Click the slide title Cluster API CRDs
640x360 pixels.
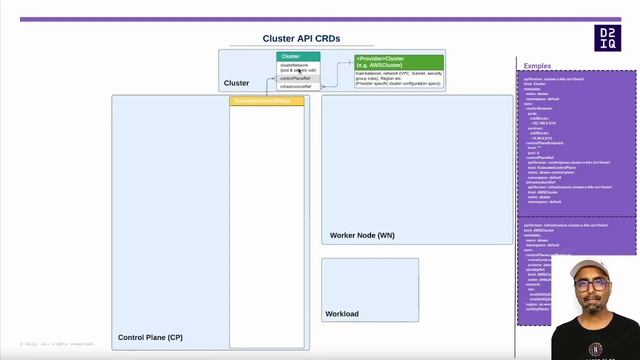click(x=301, y=38)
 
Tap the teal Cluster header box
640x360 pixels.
click(x=298, y=57)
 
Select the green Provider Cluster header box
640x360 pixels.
click(x=398, y=62)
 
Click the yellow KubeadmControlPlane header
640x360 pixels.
click(x=266, y=101)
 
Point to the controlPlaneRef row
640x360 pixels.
click(x=296, y=78)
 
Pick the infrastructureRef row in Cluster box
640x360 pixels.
click(x=296, y=87)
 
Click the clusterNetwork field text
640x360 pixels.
click(x=294, y=65)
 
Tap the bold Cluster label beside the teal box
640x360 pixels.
click(x=237, y=83)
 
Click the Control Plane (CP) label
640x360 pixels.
click(x=150, y=338)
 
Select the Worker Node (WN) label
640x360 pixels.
click(x=362, y=235)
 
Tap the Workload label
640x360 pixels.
click(x=342, y=314)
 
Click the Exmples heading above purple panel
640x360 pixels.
click(x=538, y=66)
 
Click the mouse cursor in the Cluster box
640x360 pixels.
click(x=299, y=71)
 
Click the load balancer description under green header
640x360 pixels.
click(x=398, y=78)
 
